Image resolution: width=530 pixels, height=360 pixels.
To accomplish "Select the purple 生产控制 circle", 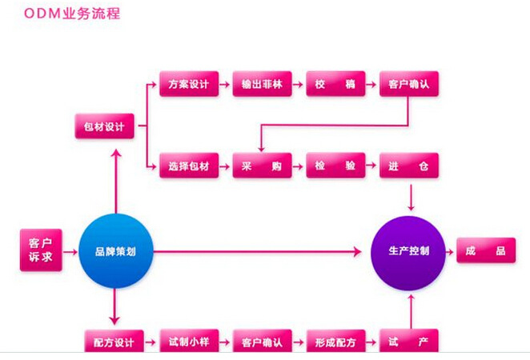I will click(x=408, y=251).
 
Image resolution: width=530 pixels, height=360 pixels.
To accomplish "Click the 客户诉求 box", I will click(x=40, y=250).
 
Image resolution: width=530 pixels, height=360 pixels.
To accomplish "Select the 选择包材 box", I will click(x=189, y=166).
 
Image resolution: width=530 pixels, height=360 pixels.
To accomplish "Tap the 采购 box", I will click(x=262, y=166).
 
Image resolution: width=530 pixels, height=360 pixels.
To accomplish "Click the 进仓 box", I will click(x=409, y=166).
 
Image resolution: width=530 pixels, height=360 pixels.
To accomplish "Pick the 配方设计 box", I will click(x=115, y=342).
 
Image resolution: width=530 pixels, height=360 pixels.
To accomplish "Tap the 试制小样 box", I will click(x=189, y=342).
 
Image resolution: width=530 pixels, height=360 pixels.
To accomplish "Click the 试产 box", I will click(x=409, y=342).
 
